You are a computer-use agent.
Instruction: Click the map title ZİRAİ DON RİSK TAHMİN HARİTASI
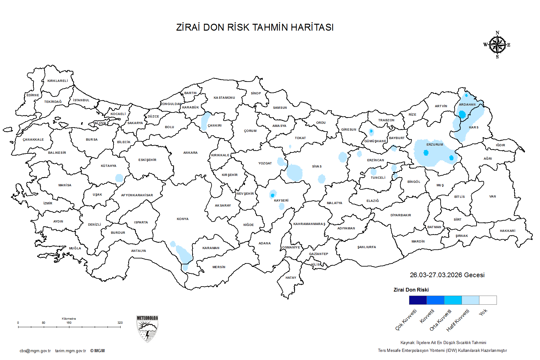[x=255, y=27]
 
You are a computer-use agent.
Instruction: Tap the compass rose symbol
[x=497, y=45]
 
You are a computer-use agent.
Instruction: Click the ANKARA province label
[x=190, y=153]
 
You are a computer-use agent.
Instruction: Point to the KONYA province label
[x=182, y=219]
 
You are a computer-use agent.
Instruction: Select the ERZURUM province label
[x=435, y=145]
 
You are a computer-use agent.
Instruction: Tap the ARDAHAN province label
[x=467, y=105]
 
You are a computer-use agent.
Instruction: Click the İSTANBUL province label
[x=81, y=100]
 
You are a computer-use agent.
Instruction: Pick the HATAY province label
[x=291, y=278]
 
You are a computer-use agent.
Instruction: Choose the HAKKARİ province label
[x=507, y=231]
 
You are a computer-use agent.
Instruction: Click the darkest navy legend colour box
[x=418, y=300]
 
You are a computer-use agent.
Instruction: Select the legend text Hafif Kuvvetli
[x=458, y=320]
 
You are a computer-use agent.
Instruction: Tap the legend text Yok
[x=483, y=312]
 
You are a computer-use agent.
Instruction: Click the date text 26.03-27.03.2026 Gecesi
[x=447, y=275]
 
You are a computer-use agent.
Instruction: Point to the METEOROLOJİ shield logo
[x=147, y=329]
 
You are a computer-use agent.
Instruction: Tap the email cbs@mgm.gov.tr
[x=35, y=351]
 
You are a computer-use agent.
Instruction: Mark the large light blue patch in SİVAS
[x=294, y=172]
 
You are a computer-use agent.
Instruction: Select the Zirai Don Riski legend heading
[x=411, y=290]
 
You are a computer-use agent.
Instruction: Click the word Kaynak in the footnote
[x=407, y=343]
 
